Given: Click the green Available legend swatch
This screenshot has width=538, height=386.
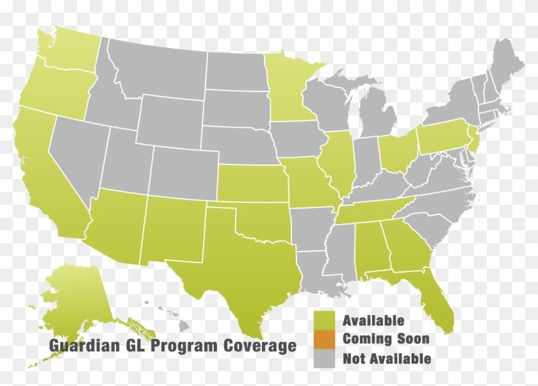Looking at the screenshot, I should click(x=324, y=320).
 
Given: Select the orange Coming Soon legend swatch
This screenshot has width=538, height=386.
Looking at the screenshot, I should click(x=324, y=339).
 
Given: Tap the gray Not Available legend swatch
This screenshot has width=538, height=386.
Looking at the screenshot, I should click(x=324, y=358).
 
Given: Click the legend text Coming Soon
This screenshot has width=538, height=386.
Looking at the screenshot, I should click(x=386, y=339).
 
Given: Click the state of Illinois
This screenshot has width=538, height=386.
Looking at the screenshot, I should click(x=339, y=163).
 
